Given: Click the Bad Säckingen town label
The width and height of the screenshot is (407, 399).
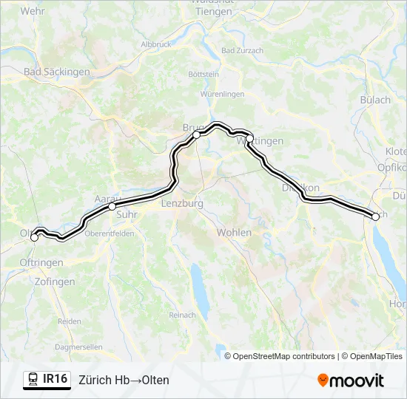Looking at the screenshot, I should [x=57, y=72].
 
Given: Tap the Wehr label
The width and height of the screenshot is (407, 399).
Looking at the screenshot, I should [x=33, y=11].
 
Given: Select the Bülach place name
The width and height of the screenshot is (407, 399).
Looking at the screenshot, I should [x=375, y=100].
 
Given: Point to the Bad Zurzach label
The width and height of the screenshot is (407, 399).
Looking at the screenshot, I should [x=241, y=51].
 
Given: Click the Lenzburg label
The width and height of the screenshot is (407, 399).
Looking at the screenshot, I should [x=182, y=203].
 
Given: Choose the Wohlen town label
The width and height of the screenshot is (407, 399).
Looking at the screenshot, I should [x=234, y=232].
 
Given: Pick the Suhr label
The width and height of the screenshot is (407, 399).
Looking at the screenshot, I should [x=127, y=215].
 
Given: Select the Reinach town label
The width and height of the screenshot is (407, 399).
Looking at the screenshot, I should [x=182, y=316].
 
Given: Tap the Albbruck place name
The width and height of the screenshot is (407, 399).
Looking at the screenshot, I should [x=156, y=44].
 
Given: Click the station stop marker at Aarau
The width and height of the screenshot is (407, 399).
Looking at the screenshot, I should [x=112, y=207].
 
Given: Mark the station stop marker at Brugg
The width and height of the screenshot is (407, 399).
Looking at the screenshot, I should [x=197, y=135].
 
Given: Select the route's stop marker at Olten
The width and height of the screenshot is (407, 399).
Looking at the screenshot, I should [x=34, y=237].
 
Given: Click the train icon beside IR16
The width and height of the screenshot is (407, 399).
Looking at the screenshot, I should [x=33, y=380].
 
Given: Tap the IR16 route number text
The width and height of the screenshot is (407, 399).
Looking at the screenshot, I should [x=55, y=379].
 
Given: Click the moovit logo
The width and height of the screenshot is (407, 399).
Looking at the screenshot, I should [x=351, y=381].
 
